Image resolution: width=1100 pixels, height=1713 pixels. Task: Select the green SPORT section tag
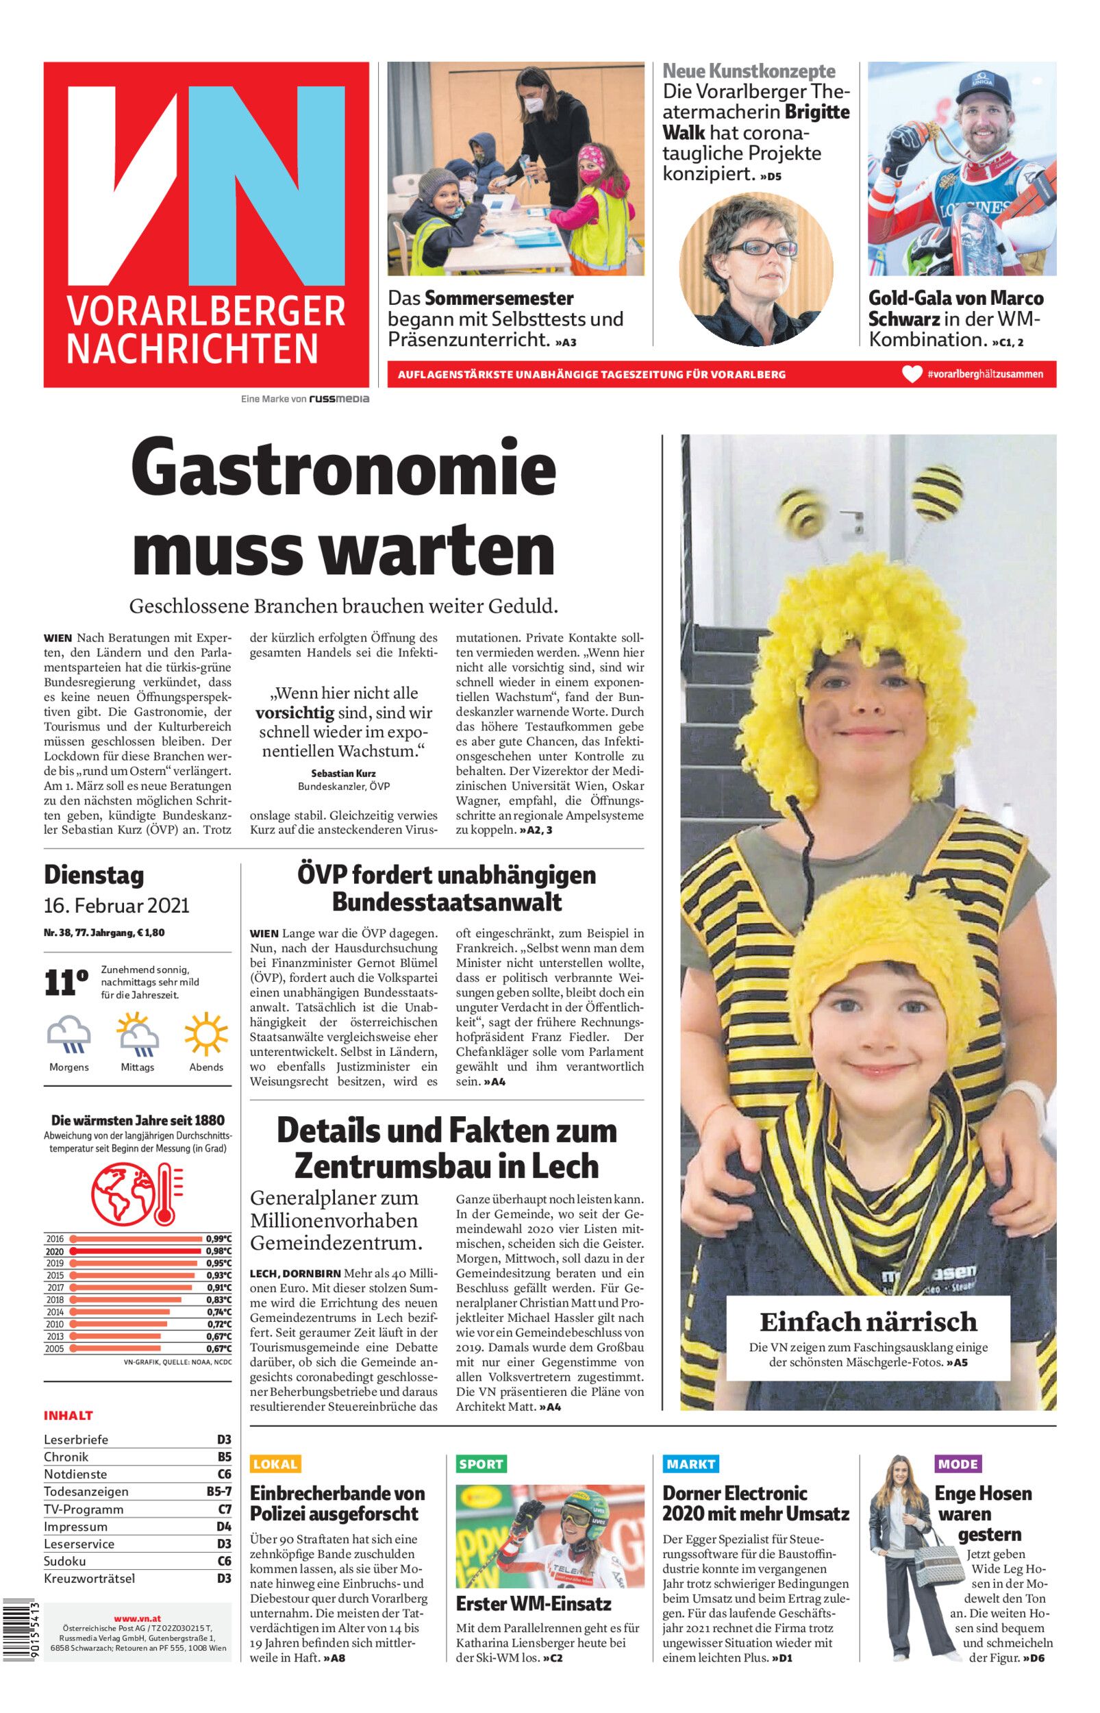[481, 1464]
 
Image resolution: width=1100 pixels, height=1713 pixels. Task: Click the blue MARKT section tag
[690, 1464]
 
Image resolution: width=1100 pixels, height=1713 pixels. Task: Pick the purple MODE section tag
[958, 1464]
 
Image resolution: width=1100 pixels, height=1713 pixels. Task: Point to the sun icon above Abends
[205, 1034]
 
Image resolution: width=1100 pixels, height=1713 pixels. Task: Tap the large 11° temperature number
[66, 983]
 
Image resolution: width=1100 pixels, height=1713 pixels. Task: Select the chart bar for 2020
[135, 1250]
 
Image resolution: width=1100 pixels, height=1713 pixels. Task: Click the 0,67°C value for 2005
[218, 1348]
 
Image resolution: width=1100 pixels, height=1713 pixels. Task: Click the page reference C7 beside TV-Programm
[224, 1509]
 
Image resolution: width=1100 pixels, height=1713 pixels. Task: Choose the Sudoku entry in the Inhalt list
[65, 1561]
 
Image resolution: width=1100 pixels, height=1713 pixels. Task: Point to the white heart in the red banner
[912, 374]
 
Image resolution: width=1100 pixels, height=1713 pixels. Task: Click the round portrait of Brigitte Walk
[755, 269]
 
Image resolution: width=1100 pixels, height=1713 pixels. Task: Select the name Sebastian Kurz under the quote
[344, 773]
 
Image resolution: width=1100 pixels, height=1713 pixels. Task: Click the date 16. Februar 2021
[116, 906]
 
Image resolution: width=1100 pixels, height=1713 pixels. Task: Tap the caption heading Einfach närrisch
[868, 1322]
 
